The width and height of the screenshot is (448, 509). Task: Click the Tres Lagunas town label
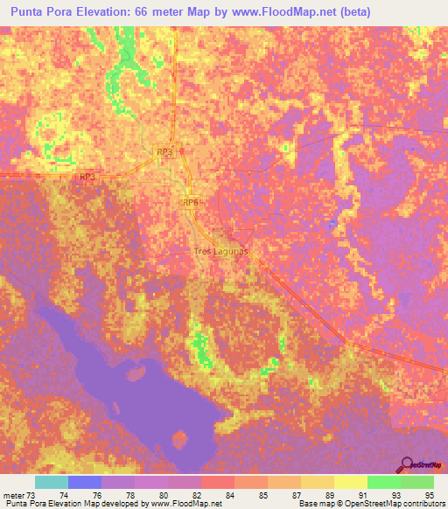(x=221, y=251)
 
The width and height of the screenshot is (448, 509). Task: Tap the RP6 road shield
(x=192, y=202)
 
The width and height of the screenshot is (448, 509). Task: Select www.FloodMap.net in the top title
(x=272, y=12)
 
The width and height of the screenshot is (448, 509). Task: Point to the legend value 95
(x=428, y=495)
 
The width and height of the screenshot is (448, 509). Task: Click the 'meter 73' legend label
(x=19, y=495)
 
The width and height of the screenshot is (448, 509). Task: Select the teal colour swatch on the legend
(x=51, y=482)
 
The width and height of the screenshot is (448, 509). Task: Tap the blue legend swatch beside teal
(x=84, y=482)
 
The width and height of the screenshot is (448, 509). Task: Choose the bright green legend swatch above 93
(x=383, y=482)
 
